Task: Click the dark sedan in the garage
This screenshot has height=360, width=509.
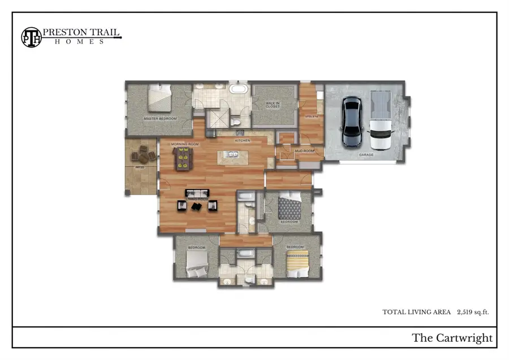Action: point(352,122)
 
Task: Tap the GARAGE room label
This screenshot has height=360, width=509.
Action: point(366,155)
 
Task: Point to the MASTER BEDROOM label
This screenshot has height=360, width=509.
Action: point(160,119)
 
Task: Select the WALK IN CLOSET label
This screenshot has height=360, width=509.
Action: point(273,105)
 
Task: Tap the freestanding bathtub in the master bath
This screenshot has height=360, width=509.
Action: point(238,89)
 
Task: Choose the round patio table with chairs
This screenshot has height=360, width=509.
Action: point(141,154)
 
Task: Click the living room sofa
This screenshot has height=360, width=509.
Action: point(197,194)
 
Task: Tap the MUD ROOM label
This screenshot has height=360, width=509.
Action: point(305,151)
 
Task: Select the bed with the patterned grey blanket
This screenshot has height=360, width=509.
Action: point(290,207)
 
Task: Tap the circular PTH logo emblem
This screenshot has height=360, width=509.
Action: point(32,36)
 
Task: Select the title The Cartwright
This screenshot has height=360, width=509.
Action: point(452,338)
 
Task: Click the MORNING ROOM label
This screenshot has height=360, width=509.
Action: point(182,144)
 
